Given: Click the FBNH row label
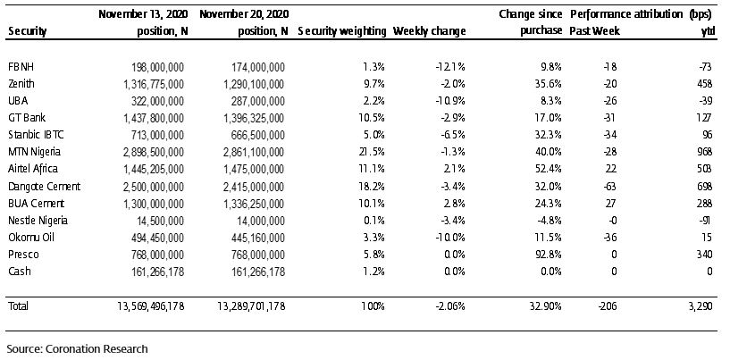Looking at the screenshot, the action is (x=21, y=67).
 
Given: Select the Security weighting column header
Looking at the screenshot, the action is (x=341, y=31).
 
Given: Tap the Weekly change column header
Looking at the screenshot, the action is (x=429, y=31).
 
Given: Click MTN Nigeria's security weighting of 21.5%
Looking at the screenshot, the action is (x=373, y=152).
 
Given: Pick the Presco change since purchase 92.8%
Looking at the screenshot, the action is (x=549, y=255).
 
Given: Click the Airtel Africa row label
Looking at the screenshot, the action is (x=33, y=169).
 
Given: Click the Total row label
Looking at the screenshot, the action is (x=18, y=306).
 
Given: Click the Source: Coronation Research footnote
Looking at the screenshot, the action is (x=77, y=348).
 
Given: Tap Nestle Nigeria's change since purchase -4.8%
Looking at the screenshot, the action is (x=549, y=221).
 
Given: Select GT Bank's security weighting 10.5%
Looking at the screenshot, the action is (x=373, y=118).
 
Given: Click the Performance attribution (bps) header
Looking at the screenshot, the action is (x=641, y=14).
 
